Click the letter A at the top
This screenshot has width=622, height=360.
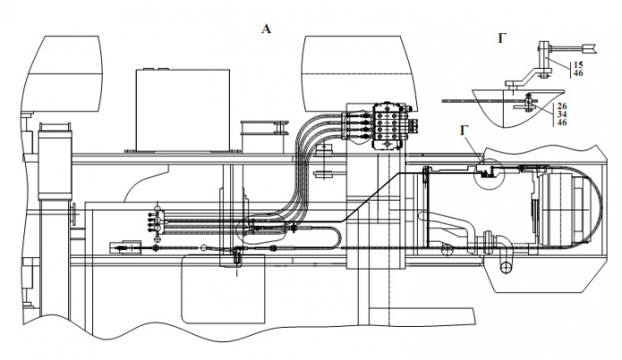pos(265,29)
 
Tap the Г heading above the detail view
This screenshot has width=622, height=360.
pos(503,37)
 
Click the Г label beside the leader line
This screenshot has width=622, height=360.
pos(464,131)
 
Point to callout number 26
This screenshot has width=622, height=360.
pos(562,105)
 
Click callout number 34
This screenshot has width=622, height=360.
pos(562,114)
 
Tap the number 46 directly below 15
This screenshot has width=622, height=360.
pos(577,73)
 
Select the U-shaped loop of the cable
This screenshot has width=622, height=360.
pos(335,236)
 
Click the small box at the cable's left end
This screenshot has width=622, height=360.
pos(120,244)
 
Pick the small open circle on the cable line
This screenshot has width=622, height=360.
pos(206,249)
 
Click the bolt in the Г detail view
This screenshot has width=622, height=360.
pos(531,101)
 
